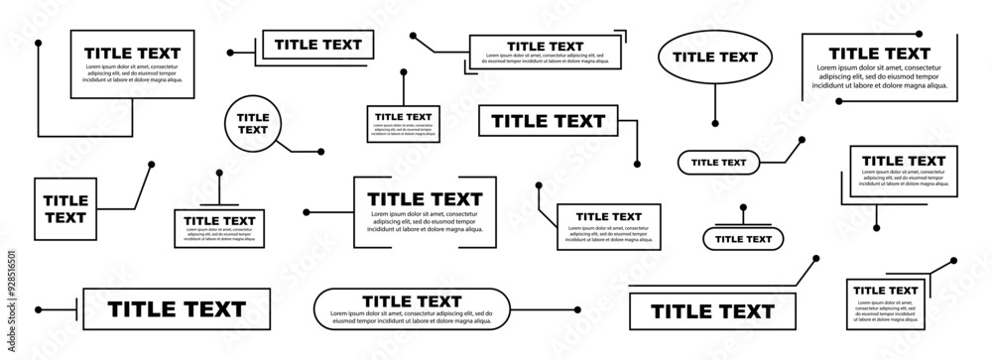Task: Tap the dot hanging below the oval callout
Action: [715, 123]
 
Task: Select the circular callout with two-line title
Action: [253, 123]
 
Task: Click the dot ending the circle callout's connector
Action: [320, 153]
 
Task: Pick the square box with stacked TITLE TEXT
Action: [65, 209]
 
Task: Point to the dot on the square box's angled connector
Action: [151, 165]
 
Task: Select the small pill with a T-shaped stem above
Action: [743, 238]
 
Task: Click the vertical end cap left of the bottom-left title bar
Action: [75, 308]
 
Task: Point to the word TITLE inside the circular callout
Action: [253, 117]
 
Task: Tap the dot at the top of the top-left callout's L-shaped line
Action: [38, 44]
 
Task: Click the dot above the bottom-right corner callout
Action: [952, 261]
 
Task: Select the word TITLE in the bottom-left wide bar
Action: [144, 309]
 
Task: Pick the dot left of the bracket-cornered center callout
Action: [306, 211]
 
